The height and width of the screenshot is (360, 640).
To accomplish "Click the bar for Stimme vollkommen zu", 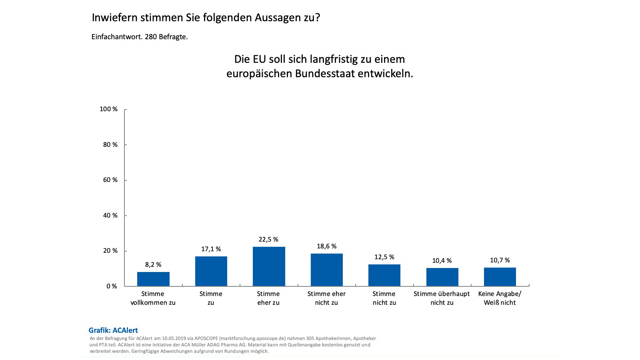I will pyautogui.click(x=153, y=279).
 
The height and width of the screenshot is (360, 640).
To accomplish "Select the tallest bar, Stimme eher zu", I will pyautogui.click(x=269, y=266).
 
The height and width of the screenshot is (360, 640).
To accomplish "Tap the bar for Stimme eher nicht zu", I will pyautogui.click(x=326, y=270).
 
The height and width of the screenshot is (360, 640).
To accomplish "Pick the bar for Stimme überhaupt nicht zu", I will pyautogui.click(x=442, y=277).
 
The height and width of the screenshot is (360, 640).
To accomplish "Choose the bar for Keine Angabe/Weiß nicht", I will pyautogui.click(x=500, y=277).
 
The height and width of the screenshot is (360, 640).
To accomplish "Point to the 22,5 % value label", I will pyautogui.click(x=268, y=240).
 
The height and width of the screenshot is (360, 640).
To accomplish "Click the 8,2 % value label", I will pyautogui.click(x=153, y=265).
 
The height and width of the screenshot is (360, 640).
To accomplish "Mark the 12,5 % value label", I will pyautogui.click(x=384, y=257).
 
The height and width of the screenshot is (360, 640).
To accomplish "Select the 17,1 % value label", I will pyautogui.click(x=211, y=249).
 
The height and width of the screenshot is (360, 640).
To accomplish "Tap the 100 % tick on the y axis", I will pyautogui.click(x=108, y=109).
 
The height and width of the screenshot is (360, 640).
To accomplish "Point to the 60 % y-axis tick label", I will pyautogui.click(x=110, y=180).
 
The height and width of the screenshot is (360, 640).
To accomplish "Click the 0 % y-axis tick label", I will pyautogui.click(x=112, y=286).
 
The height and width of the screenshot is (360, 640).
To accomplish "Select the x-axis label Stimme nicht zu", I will pyautogui.click(x=384, y=298).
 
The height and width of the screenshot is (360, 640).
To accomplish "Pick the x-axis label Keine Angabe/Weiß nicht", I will pyautogui.click(x=500, y=298).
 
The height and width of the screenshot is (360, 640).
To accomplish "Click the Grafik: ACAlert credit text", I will pyautogui.click(x=113, y=330).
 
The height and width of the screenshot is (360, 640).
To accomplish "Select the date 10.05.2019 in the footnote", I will pyautogui.click(x=174, y=338).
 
